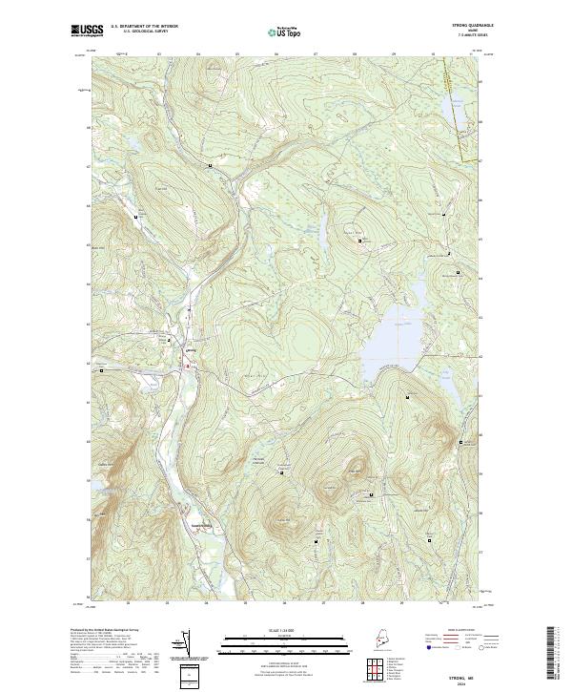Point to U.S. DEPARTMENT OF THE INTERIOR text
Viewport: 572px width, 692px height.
(x=144, y=27)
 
